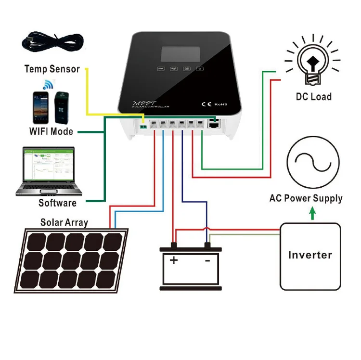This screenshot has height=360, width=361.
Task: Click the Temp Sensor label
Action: click(x=52, y=69)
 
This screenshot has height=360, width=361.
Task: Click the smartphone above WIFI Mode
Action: click(x=41, y=107)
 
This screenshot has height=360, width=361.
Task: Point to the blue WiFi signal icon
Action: click(x=48, y=85)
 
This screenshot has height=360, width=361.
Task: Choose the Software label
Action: click(x=57, y=203)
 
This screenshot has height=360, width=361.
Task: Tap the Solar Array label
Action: click(x=64, y=222)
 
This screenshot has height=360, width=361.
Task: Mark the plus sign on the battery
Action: click(x=173, y=260)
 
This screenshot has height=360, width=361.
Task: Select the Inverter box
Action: click(x=309, y=255)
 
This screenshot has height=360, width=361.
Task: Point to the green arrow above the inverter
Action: click(x=312, y=212)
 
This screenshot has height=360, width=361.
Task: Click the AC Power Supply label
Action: click(x=306, y=198)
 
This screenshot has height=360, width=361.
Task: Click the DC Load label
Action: click(x=314, y=97)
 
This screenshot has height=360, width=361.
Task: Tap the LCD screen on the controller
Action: click(x=180, y=55)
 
